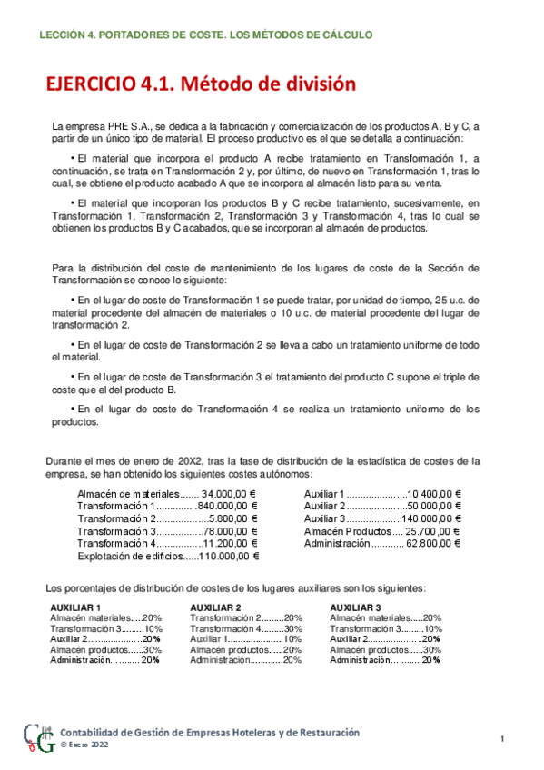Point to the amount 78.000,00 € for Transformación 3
230,531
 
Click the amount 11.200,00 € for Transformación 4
230,543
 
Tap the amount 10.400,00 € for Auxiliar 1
434,493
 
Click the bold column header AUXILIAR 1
75,607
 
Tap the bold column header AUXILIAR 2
215,607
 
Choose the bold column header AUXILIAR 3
355,607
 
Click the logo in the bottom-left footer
37,740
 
